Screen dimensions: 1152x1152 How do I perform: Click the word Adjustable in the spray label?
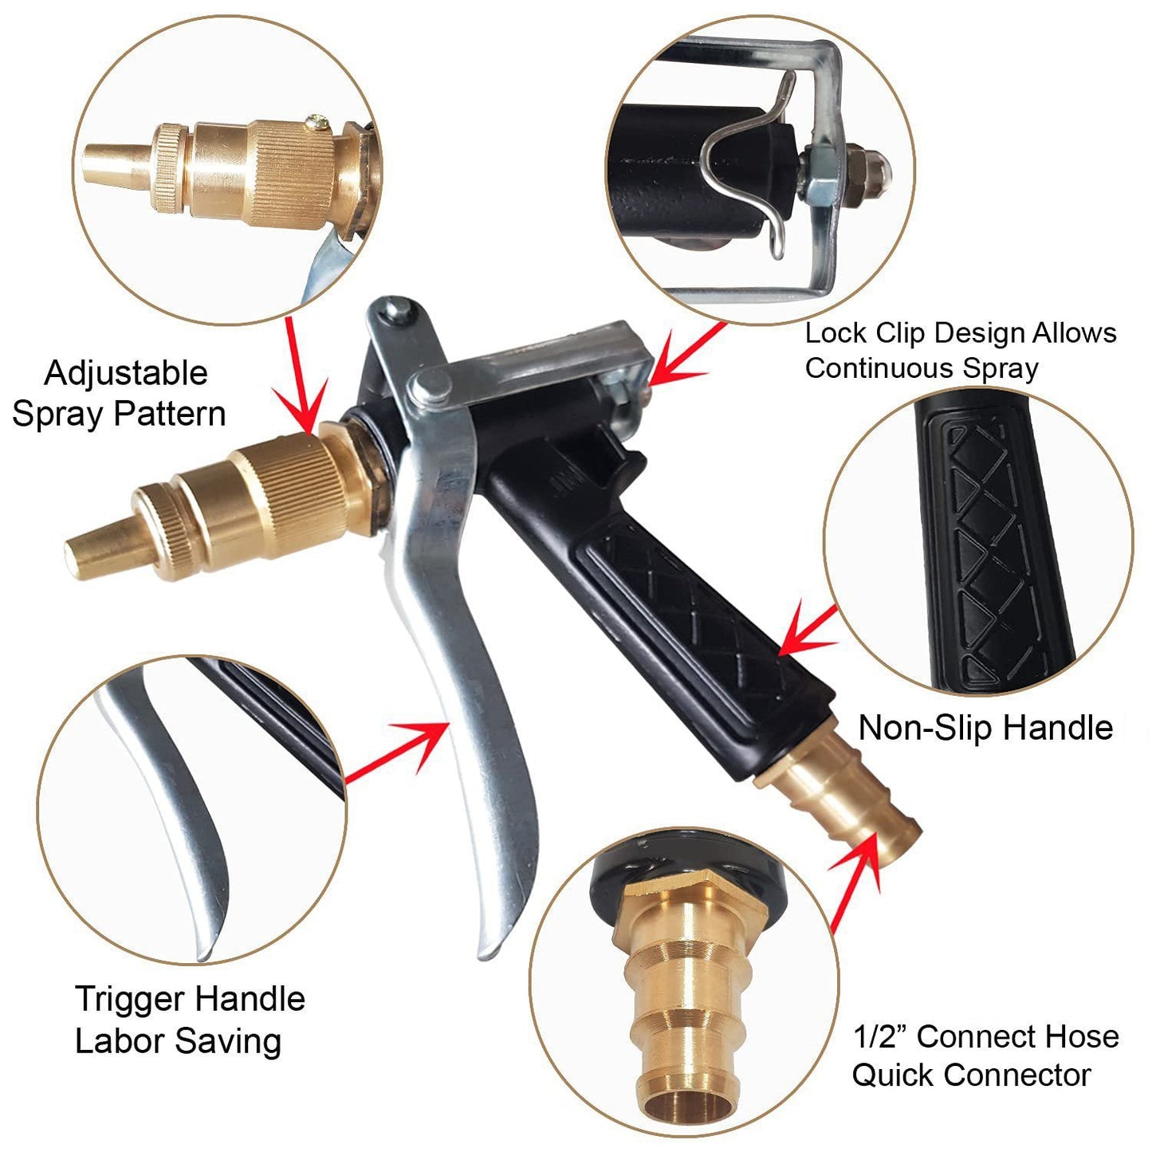tap(126, 373)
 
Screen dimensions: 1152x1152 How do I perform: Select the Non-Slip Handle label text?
tap(985, 728)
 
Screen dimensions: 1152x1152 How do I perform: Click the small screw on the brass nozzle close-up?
tap(320, 122)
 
